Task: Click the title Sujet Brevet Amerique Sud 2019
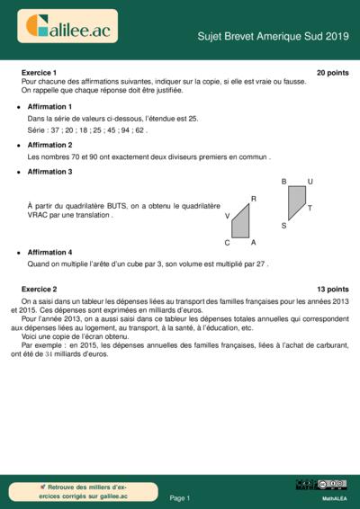[x=273, y=36]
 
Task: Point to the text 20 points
[x=332, y=72]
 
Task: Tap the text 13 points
[x=332, y=290]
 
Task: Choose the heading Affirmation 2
[x=49, y=145]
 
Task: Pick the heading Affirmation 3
[x=49, y=171]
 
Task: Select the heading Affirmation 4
[x=49, y=253]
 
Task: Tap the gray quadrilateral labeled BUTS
[x=297, y=202]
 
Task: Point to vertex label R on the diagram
[x=253, y=199]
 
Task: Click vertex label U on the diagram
[x=310, y=182]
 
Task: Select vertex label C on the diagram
[x=228, y=243]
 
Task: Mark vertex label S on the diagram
[x=283, y=226]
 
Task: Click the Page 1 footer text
[x=180, y=497]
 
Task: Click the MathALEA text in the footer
[x=335, y=497]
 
